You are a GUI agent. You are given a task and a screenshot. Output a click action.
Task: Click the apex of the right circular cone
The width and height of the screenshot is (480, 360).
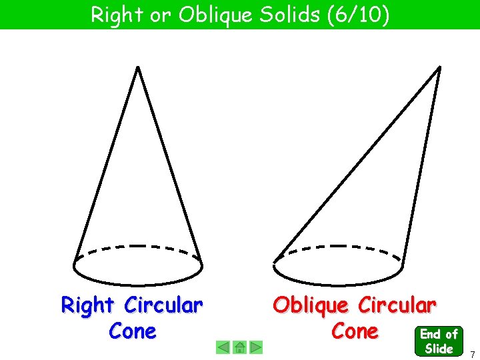click(x=137, y=67)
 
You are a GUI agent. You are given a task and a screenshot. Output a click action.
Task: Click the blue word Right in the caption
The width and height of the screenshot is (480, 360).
click(x=87, y=305)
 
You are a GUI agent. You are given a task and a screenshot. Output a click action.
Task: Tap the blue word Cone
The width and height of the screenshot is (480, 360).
click(x=132, y=331)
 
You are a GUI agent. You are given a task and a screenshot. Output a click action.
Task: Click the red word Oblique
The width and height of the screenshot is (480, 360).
click(x=311, y=305)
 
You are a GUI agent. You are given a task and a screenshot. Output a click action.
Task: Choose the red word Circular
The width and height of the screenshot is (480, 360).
click(x=397, y=305)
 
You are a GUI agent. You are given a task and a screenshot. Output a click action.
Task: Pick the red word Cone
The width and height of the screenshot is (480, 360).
click(x=355, y=331)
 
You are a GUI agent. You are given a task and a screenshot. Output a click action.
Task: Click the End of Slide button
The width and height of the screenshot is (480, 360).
click(x=439, y=341)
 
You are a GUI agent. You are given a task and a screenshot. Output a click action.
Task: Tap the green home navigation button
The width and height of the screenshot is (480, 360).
click(x=240, y=347)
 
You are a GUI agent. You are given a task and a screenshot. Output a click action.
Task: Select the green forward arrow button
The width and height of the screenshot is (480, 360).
click(x=256, y=347)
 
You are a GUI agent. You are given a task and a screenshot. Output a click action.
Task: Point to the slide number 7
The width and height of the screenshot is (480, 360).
click(x=472, y=353)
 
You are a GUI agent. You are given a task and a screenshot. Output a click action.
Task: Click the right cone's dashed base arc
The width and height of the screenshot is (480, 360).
click(x=137, y=246)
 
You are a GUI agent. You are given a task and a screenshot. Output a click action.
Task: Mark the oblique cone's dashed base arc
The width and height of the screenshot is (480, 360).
click(x=339, y=246)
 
